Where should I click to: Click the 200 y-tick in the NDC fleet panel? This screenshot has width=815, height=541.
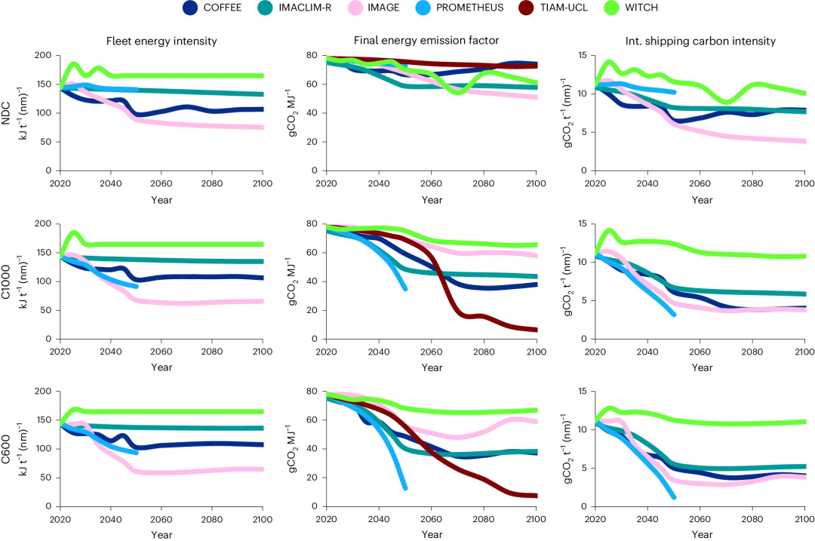[43, 56]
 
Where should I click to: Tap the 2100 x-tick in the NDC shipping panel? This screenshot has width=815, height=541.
[804, 183]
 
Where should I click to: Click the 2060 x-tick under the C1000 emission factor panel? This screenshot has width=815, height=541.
[431, 351]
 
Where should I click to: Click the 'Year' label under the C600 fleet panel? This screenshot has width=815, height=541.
[161, 534]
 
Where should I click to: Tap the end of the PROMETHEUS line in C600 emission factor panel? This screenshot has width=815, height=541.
[405, 487]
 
